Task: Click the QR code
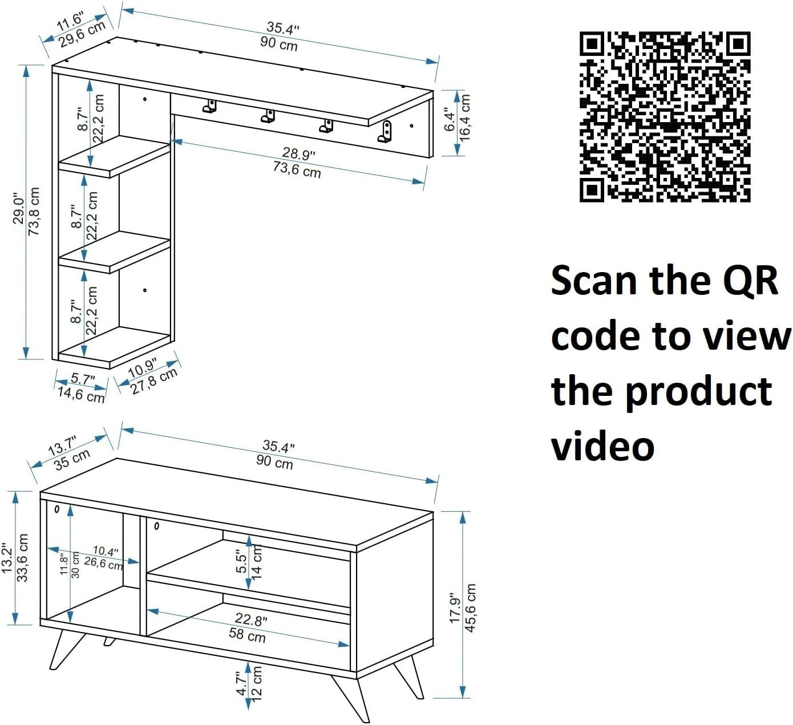coord(665,116)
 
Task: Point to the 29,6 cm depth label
coord(82,34)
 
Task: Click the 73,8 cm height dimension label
coord(34,212)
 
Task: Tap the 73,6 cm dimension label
coord(297,169)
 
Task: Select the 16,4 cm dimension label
coord(465,118)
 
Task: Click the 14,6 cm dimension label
coord(81,395)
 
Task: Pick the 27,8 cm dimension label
coord(154,381)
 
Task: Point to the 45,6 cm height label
coord(470,607)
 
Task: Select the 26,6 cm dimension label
coord(103,563)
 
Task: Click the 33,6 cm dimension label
coord(22,558)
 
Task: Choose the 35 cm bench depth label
coord(72,459)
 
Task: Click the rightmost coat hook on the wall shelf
coord(385,131)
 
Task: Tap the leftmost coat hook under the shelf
coord(209,106)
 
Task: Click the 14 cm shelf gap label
coord(257,562)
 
